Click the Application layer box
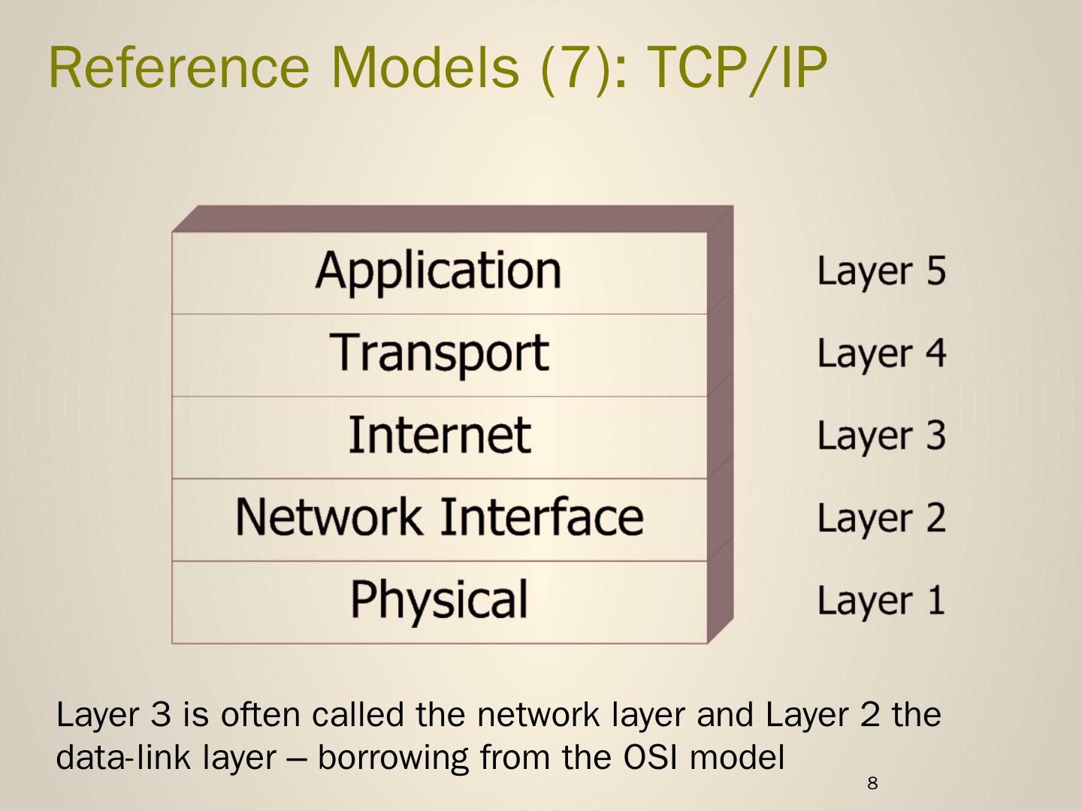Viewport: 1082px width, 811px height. click(440, 272)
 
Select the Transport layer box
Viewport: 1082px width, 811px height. click(440, 354)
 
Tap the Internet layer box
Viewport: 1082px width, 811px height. click(440, 436)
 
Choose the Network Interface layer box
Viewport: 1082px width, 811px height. click(440, 518)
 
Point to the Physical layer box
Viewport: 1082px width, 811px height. click(440, 601)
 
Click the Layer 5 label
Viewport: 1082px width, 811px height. click(881, 272)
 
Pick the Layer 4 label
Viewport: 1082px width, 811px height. click(881, 354)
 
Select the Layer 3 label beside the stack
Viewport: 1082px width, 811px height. click(881, 436)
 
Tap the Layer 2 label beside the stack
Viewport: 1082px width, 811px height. click(881, 518)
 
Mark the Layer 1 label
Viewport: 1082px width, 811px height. click(881, 601)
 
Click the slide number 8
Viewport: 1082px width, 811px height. click(872, 784)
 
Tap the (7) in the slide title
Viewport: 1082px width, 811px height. click(573, 67)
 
